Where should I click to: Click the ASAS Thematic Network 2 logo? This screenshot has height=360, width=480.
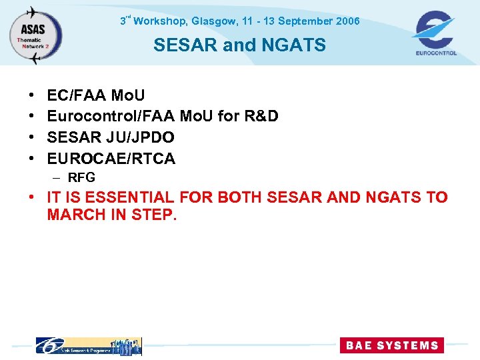pyautogui.click(x=35, y=34)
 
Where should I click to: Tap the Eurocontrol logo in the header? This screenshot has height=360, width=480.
pyautogui.click(x=435, y=33)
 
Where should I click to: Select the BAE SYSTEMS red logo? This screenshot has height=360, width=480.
pyautogui.click(x=391, y=345)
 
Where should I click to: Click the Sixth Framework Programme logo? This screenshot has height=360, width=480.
pyautogui.click(x=89, y=346)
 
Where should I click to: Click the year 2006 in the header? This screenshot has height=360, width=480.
pyautogui.click(x=348, y=21)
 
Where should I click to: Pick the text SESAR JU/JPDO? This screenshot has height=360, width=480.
pyautogui.click(x=111, y=137)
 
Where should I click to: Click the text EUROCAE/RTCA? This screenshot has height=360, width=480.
pyautogui.click(x=111, y=159)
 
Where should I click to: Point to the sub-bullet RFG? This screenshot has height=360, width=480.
pyautogui.click(x=81, y=178)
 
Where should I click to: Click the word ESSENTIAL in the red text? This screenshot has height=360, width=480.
pyautogui.click(x=127, y=198)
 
